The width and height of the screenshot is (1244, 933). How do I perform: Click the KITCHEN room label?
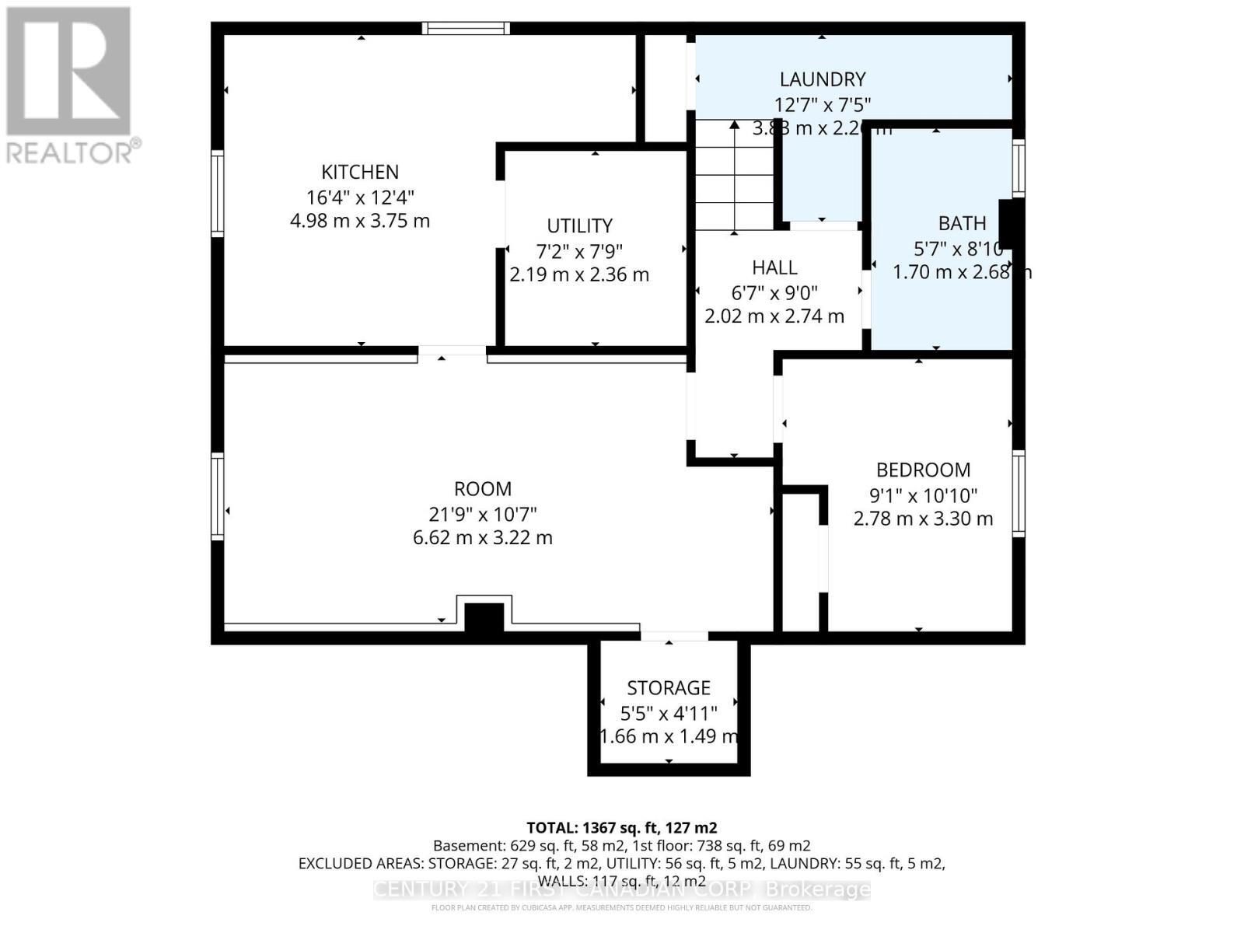coord(360,172)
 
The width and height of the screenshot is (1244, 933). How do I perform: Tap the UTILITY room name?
coord(579,225)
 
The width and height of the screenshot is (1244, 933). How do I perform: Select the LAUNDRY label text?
coord(823,79)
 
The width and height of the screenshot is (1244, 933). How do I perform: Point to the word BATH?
coord(962,224)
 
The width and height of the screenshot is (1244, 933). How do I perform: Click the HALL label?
coord(774,267)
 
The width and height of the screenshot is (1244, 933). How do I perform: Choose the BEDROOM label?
coord(923,470)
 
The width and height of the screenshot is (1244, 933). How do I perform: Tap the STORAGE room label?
coord(669,687)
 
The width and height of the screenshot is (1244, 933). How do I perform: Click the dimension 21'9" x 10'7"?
coord(483,514)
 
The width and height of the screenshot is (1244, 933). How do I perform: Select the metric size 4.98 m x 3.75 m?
coord(360,221)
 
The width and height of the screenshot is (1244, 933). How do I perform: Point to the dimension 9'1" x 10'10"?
coord(923,494)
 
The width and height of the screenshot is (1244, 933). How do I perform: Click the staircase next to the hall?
coord(734,177)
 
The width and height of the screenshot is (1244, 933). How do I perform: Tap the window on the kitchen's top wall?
coord(466,29)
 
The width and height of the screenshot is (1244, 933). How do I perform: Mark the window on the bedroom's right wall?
coord(1018,494)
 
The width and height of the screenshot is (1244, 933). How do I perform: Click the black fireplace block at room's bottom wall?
coord(484,618)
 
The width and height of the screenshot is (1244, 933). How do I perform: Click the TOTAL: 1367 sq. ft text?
coord(621,827)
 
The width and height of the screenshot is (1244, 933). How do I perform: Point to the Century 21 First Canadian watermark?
coord(621,889)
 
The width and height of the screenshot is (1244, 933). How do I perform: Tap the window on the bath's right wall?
coord(1018,167)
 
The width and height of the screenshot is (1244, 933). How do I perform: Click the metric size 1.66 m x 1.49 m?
coord(669,736)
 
